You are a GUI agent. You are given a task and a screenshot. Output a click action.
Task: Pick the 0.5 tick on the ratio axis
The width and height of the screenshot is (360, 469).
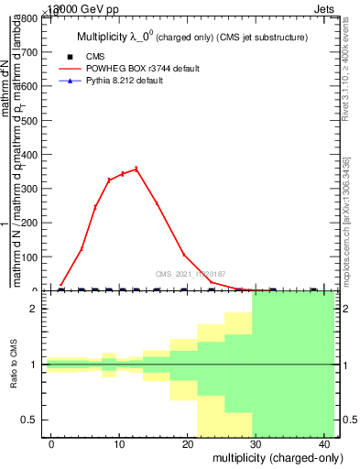[x=349, y=420]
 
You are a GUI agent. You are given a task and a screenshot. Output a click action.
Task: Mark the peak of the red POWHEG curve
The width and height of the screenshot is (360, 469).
[x=136, y=169]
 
